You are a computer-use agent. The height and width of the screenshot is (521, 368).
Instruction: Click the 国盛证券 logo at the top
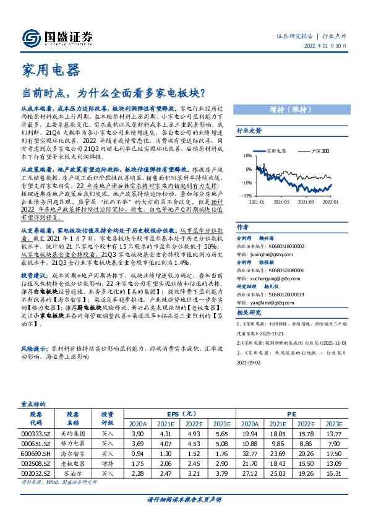pos(56,37)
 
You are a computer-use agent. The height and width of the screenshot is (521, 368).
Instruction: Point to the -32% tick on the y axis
pos(246,194)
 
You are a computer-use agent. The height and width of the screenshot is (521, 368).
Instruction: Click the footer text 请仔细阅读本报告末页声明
pos(184,498)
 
